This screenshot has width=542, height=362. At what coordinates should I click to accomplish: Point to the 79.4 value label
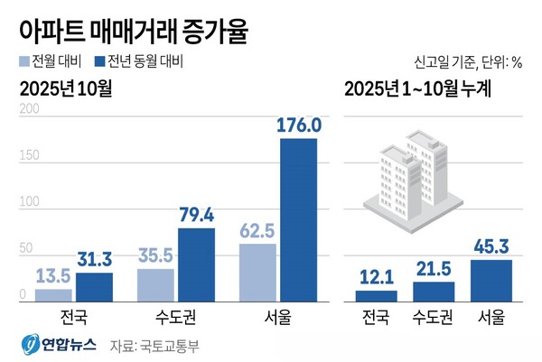pos(196,215)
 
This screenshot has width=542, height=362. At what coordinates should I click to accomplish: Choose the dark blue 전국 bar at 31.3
pos(94,286)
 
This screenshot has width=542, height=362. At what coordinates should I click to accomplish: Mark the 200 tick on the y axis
pos(28,109)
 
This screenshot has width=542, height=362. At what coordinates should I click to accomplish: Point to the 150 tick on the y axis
pos(28,156)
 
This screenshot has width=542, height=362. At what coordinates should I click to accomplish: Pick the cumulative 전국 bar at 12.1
pos(376,295)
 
